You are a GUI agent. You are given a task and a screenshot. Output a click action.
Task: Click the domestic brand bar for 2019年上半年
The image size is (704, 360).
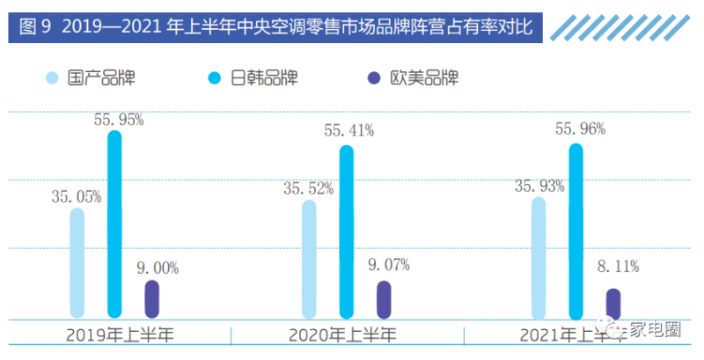pyautogui.click(x=77, y=262)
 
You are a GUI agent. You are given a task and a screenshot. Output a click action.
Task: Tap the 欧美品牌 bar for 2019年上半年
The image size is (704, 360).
pyautogui.click(x=151, y=299)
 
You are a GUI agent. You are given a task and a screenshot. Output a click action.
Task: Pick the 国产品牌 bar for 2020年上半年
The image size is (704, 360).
pyautogui.click(x=309, y=259)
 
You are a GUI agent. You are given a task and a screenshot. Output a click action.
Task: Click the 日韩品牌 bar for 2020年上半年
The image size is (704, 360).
pyautogui.click(x=347, y=231)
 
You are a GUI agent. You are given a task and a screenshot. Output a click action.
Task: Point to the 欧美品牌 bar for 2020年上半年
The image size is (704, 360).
pyautogui.click(x=384, y=299)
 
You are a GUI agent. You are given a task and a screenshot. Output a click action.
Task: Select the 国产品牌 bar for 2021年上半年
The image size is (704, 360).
pyautogui.click(x=539, y=257)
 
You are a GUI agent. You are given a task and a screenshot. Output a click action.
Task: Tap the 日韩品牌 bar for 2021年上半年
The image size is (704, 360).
pyautogui.click(x=576, y=230)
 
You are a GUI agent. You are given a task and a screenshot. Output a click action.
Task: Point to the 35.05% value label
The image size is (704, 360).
pyautogui.click(x=75, y=196)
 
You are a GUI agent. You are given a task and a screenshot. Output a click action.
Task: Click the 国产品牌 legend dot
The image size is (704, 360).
pyautogui.click(x=53, y=78)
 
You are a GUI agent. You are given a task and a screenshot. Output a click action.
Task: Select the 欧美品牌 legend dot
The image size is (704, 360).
pyautogui.click(x=373, y=78)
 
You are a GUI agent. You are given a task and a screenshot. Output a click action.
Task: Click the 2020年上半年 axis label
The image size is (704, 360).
pyautogui.click(x=343, y=335)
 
